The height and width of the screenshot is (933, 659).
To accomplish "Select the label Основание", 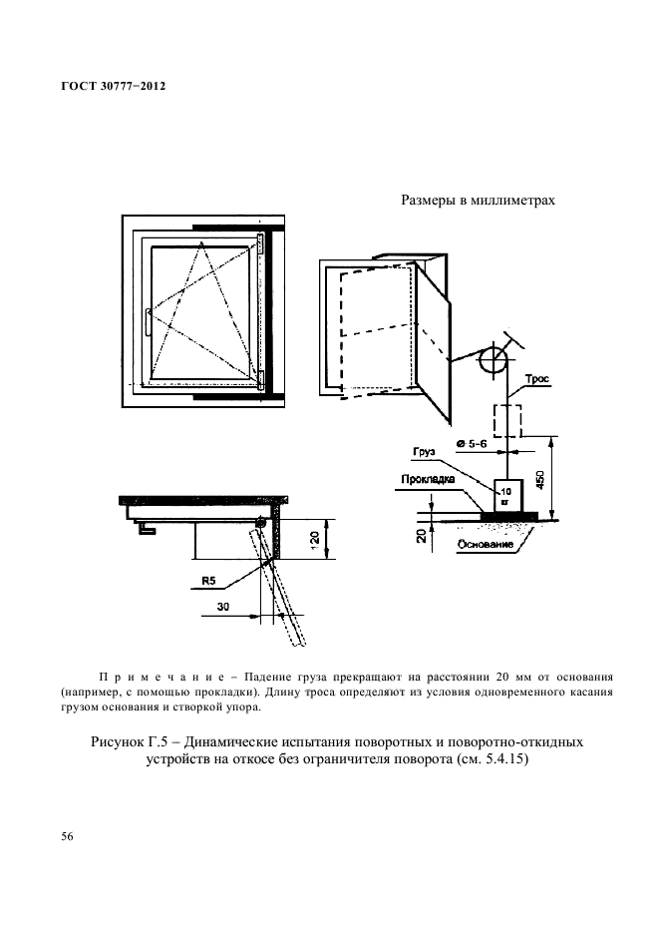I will (489, 544).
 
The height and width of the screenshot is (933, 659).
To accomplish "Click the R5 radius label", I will (209, 579).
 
